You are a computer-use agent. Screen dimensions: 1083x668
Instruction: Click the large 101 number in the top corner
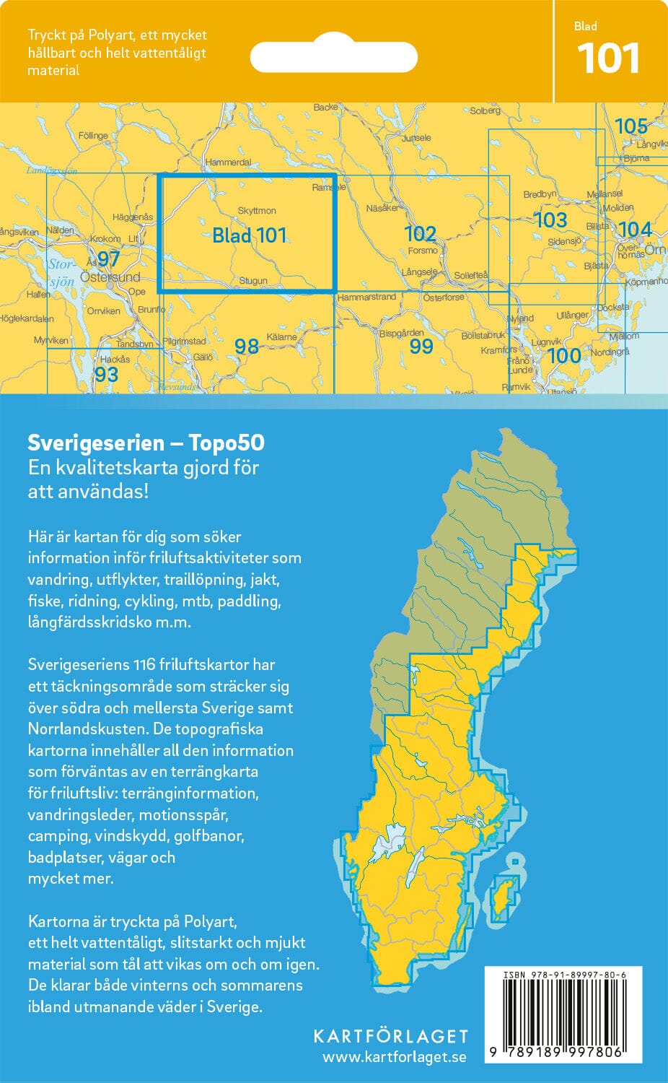(x=608, y=59)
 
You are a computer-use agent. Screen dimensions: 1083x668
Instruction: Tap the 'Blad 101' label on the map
(x=249, y=235)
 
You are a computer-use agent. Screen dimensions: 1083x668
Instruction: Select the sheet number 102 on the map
(x=420, y=233)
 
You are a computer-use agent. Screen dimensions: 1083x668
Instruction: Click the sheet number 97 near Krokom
(x=108, y=258)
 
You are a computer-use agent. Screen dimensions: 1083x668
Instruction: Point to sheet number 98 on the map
(x=246, y=347)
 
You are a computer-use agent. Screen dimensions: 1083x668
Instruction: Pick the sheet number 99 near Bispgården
(x=421, y=346)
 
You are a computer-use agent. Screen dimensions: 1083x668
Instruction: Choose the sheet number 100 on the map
(x=563, y=355)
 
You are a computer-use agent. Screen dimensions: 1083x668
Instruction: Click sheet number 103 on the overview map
(x=550, y=219)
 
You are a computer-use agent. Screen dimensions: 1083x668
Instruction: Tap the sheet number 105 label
(x=630, y=126)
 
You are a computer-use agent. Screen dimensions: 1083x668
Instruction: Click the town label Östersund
(x=110, y=277)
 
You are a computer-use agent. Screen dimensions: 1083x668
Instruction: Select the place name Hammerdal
(x=228, y=162)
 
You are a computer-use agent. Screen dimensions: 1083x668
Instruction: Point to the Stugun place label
(x=253, y=281)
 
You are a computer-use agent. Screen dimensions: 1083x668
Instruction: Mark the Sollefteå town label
(x=470, y=275)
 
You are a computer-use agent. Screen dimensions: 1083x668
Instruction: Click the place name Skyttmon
(x=256, y=211)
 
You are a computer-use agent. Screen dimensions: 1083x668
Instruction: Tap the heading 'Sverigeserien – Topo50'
(x=146, y=443)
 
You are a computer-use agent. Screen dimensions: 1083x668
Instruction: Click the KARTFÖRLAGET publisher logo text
(x=390, y=1036)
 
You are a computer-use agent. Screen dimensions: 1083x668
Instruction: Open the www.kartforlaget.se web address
(x=394, y=1058)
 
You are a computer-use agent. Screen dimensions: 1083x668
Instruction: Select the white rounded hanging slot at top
(x=334, y=56)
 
